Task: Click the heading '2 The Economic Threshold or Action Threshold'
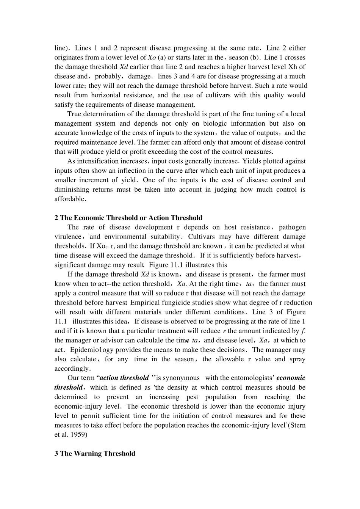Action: click(128, 218)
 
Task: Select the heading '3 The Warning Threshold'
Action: click(95, 453)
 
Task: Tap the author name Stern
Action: click(297, 425)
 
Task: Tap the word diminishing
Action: click(72, 189)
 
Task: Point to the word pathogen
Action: click(292, 227)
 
